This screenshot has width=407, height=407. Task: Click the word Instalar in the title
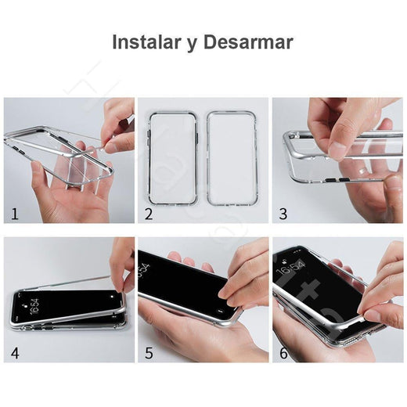(x=146, y=41)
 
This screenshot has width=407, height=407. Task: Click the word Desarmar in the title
(x=248, y=41)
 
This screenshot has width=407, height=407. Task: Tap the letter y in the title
(x=192, y=45)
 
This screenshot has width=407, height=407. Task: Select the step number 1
(x=15, y=214)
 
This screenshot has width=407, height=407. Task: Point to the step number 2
(x=149, y=214)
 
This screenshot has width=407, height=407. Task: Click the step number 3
(x=283, y=214)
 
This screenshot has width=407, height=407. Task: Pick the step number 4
(x=15, y=354)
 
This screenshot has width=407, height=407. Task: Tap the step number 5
(x=149, y=354)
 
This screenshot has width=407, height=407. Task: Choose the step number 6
(x=283, y=354)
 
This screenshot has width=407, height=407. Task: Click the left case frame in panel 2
(x=149, y=158)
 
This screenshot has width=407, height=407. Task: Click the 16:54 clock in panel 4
(x=34, y=306)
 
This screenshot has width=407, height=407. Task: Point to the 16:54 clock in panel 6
(x=290, y=267)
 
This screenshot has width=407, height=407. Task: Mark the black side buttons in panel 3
(x=337, y=180)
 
